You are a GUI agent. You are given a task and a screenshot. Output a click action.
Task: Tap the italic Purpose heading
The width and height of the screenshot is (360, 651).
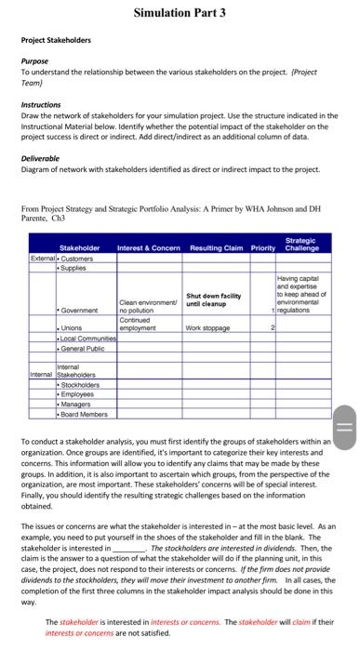coord(35,60)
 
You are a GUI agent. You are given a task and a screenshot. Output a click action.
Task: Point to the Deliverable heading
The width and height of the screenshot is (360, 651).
coord(41,158)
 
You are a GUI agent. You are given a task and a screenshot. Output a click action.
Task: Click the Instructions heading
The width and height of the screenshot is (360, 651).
coord(42,105)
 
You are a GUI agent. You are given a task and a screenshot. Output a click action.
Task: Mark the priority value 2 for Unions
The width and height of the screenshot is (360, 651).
coord(273,327)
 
